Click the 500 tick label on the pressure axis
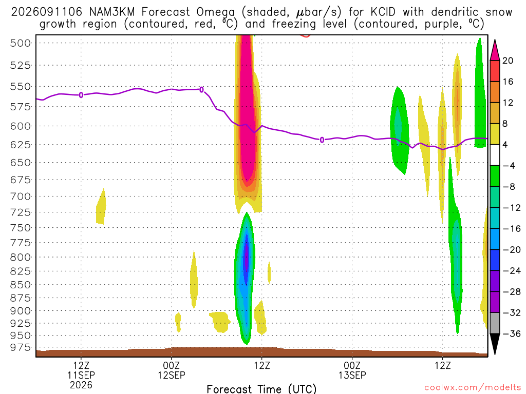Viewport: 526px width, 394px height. coord(21,43)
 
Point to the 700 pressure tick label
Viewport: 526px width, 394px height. coord(21,196)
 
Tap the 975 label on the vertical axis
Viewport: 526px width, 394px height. coord(21,347)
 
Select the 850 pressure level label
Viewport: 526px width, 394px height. coord(21,285)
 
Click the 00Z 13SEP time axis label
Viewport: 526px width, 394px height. coord(352,370)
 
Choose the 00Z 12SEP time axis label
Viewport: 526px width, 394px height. coord(172,370)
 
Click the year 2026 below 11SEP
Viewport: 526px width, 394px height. coord(81,385)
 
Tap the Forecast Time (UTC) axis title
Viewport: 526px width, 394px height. coord(261,389)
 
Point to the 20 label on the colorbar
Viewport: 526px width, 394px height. coord(508,61)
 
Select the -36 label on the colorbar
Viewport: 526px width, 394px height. coord(512,333)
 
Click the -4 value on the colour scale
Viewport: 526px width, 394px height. coord(509,166)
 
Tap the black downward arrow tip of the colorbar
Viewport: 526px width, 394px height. coord(495,354)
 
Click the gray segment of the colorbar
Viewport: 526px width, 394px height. coord(495,323)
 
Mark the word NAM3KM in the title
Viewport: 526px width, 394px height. coord(111,12)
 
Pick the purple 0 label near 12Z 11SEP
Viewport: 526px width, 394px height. coord(81,95)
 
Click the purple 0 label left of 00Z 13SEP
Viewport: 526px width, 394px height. coord(322,140)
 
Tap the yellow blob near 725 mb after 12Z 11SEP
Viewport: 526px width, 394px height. coord(101,207)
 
